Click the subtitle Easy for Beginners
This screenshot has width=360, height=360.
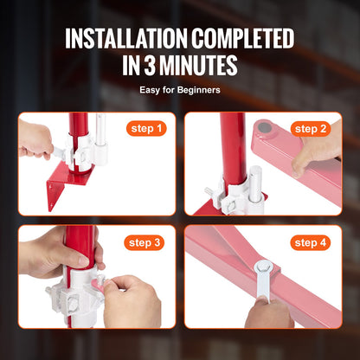179,90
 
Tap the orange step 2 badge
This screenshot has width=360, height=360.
310,128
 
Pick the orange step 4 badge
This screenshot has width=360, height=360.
310,242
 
